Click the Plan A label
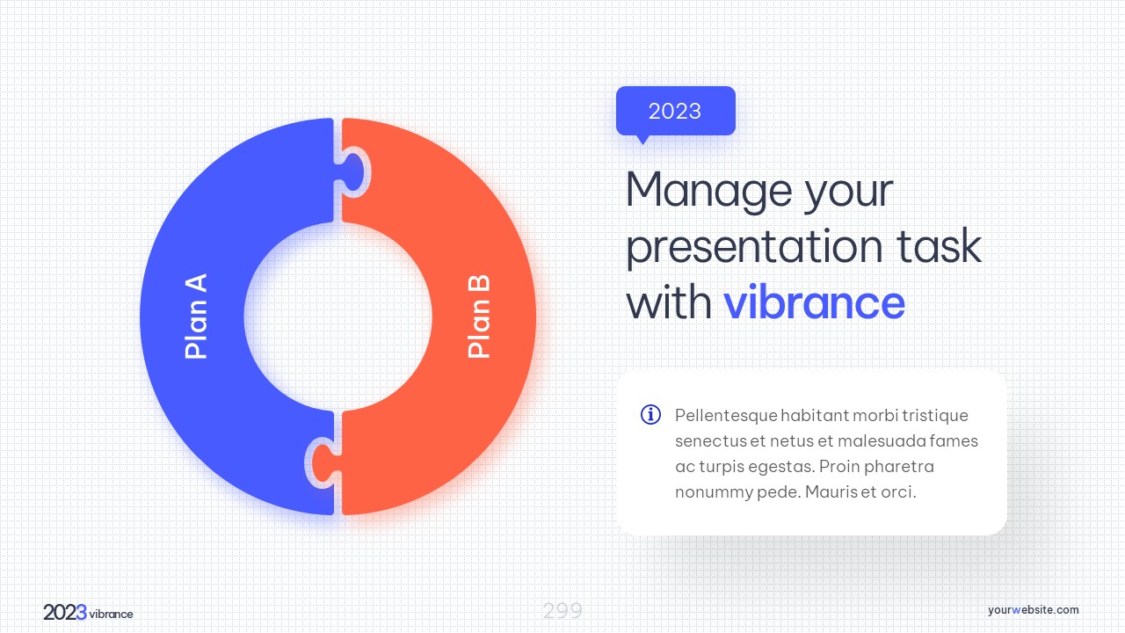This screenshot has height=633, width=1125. pyautogui.click(x=196, y=316)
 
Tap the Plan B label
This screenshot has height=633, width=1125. pyautogui.click(x=479, y=316)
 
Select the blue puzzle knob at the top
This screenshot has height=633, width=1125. pyautogui.click(x=353, y=172)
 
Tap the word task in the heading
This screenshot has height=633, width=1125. pyautogui.click(x=940, y=246)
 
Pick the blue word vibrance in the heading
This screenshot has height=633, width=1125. pyautogui.click(x=814, y=302)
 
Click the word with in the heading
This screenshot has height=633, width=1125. pyautogui.click(x=669, y=302)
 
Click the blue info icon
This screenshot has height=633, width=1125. pyautogui.click(x=650, y=414)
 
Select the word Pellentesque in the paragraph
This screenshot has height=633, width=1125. pyautogui.click(x=726, y=416)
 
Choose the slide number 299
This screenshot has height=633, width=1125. pyautogui.click(x=562, y=611)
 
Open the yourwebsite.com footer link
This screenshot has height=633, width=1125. pyautogui.click(x=1033, y=610)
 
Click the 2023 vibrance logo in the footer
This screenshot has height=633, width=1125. pyautogui.click(x=89, y=613)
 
